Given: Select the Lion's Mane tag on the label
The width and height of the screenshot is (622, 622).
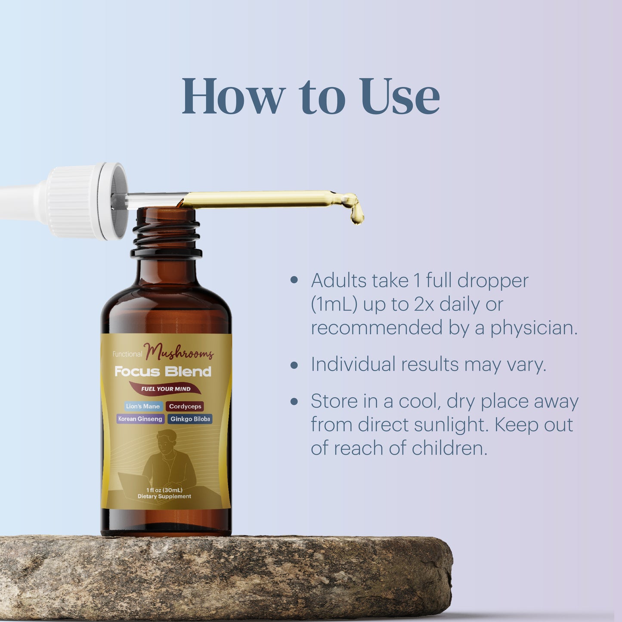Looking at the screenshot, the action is click(143, 406).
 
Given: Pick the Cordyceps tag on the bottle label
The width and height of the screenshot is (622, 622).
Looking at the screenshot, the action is click(185, 406).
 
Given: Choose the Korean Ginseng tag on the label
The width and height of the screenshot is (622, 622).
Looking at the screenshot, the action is click(140, 419).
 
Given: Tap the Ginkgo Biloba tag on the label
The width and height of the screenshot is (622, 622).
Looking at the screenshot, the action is click(190, 419).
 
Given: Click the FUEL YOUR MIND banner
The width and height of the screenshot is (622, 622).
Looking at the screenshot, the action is click(165, 389).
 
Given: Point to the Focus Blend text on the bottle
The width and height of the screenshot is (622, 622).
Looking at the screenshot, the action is click(163, 371).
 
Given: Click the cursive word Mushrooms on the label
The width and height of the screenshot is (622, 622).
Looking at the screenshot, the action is click(179, 353).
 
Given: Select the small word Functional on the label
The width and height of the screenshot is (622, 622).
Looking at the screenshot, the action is click(127, 354).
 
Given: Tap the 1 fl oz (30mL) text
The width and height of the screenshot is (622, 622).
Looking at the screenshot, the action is click(164, 490).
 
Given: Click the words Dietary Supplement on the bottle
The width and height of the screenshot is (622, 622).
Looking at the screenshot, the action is click(164, 496).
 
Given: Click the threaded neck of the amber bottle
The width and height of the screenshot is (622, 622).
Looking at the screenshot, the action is click(166, 234).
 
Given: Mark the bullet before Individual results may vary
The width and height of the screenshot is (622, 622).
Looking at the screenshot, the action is click(294, 365).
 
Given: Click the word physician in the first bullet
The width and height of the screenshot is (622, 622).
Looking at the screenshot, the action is click(534, 328).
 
